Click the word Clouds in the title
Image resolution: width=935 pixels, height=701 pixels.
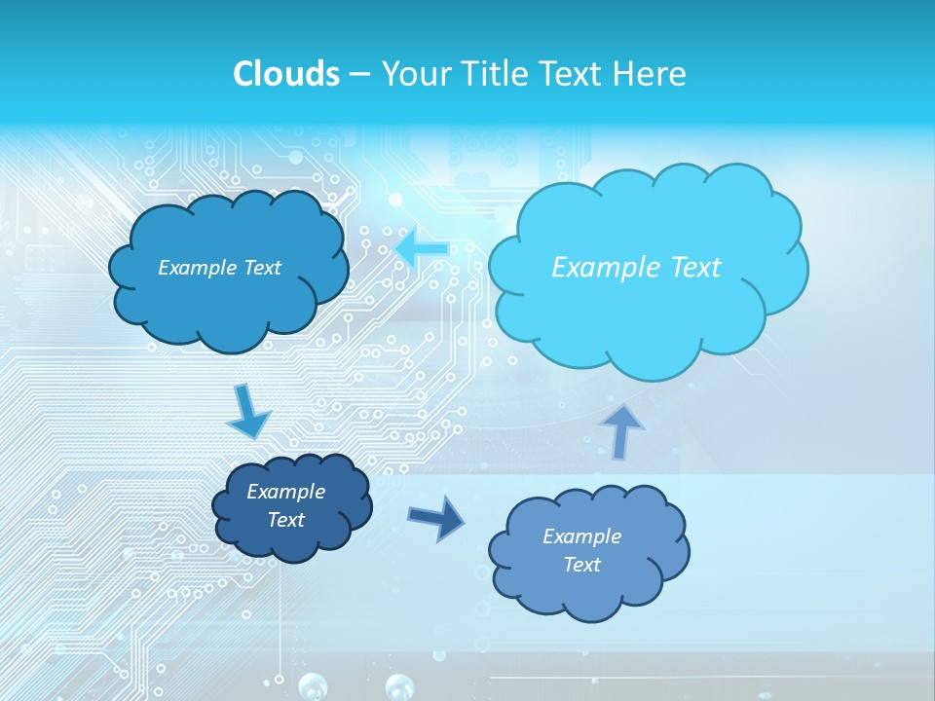coord(285,74)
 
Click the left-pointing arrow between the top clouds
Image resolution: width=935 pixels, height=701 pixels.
coord(422,247)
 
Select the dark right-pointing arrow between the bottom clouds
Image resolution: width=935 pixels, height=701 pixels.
coord(435,518)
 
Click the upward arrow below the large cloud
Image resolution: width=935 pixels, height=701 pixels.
coord(624,429)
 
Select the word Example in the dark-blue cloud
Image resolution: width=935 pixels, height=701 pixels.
coord(285,492)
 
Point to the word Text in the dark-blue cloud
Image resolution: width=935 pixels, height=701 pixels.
coord(285,520)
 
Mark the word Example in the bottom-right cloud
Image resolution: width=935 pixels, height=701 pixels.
coord(581,536)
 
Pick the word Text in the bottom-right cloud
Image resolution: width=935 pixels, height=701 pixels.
coord(581,565)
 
